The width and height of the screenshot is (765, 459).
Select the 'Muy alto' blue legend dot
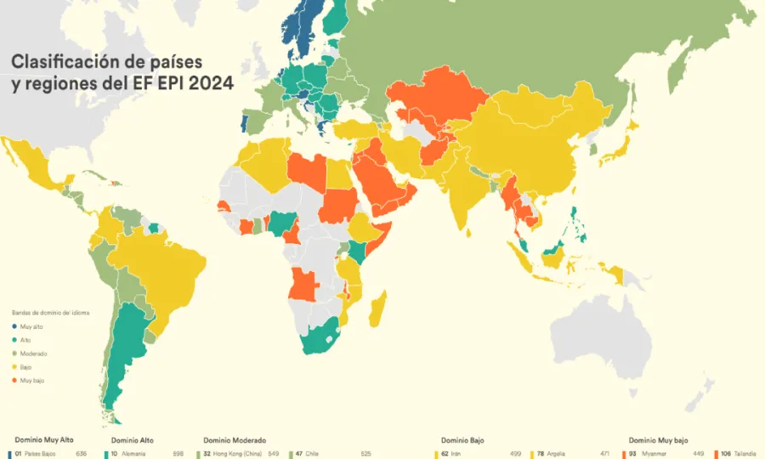[14, 326]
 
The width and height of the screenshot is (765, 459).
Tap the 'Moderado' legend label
[33, 353]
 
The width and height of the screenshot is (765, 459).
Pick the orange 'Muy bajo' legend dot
[14, 380]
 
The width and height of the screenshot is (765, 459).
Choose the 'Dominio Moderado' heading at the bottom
[235, 440]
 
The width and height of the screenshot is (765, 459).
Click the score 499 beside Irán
[516, 454]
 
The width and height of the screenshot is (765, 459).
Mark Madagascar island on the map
[377, 309]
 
